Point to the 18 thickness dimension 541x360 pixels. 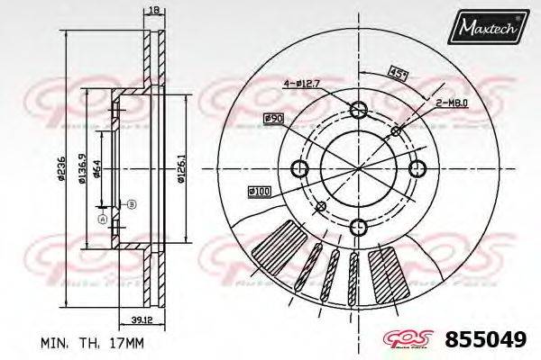click(153, 9)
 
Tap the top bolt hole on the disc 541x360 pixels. click(358, 111)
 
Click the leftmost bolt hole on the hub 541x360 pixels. click(300, 168)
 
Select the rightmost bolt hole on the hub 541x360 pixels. click(416, 168)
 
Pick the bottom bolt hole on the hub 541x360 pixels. click(358, 226)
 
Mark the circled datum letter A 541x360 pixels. click(102, 219)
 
